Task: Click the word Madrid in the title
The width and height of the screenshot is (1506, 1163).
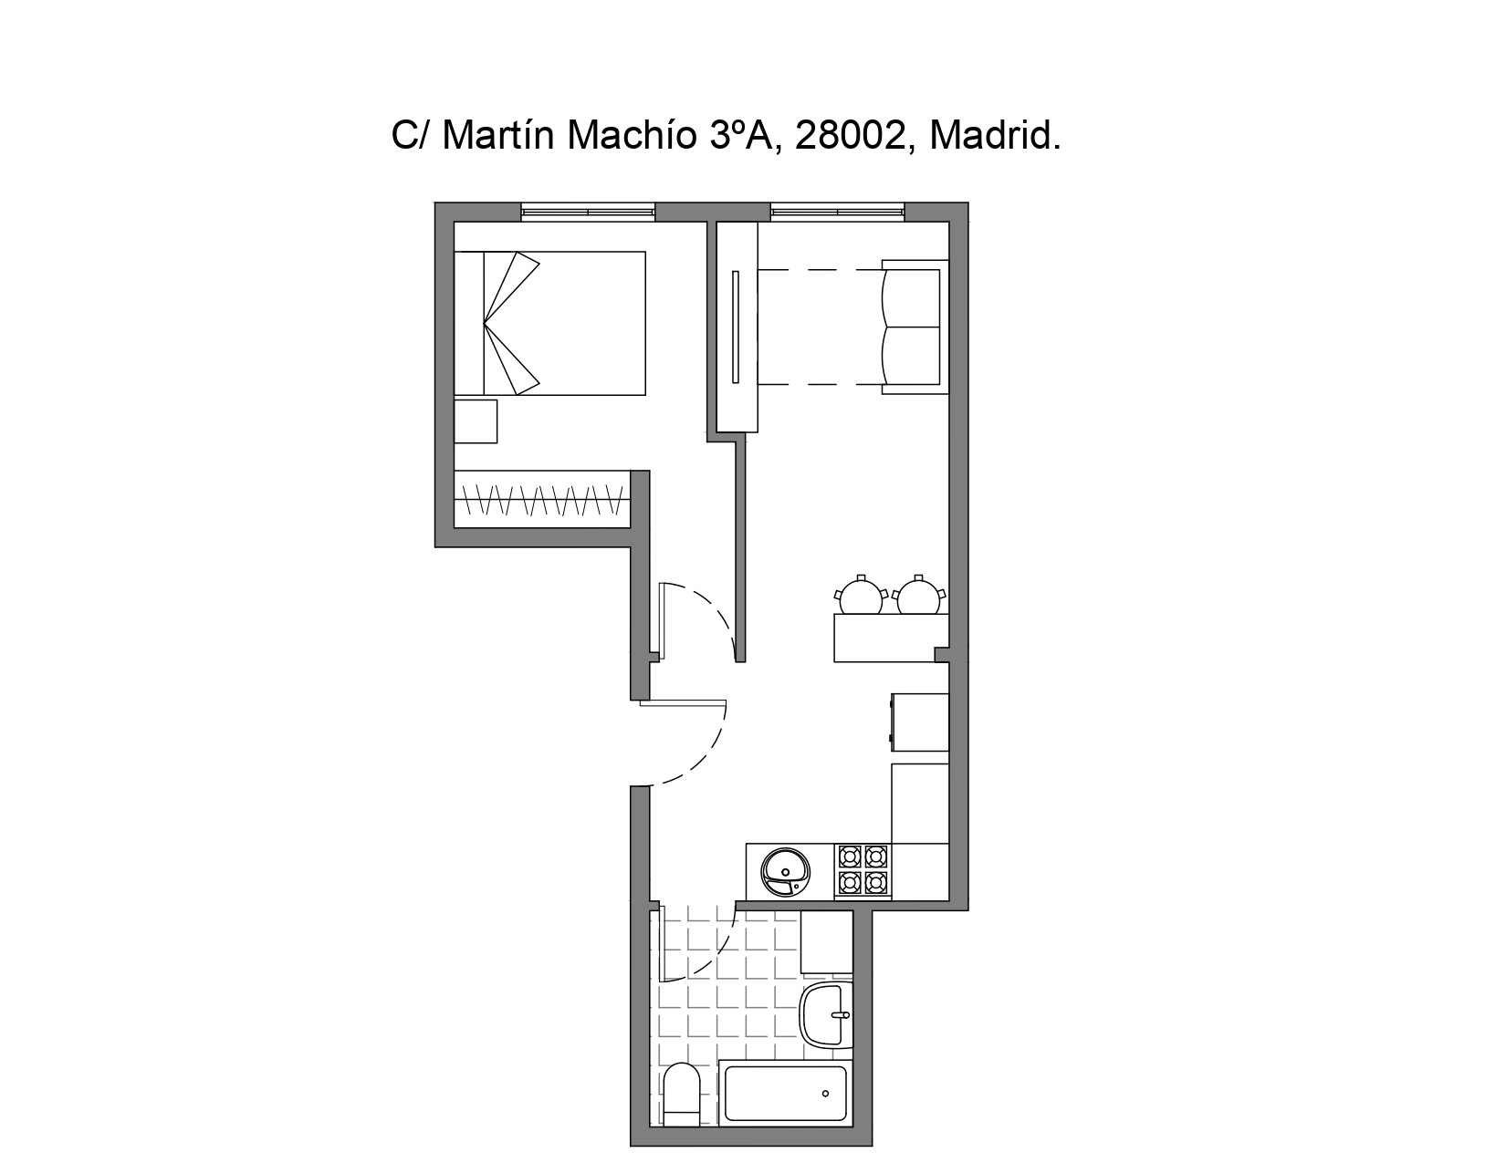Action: click(995, 136)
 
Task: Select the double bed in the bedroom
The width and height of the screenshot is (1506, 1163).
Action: click(549, 324)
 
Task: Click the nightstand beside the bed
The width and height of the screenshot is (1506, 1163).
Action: click(476, 421)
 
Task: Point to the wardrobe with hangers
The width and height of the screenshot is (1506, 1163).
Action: click(542, 499)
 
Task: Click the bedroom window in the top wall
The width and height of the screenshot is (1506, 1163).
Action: click(588, 212)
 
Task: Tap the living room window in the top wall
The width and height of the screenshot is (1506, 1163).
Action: click(837, 212)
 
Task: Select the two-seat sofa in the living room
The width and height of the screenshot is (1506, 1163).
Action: click(915, 327)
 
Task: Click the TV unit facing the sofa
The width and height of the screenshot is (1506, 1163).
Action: click(737, 327)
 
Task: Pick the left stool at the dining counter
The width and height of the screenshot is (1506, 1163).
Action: click(861, 595)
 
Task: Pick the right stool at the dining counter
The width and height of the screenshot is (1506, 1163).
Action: click(918, 595)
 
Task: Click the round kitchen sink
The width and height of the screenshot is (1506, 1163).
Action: click(785, 872)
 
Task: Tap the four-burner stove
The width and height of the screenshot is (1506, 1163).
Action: click(863, 871)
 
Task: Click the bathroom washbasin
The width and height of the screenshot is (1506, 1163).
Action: click(825, 1014)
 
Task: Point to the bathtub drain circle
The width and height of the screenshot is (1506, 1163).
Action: click(825, 1095)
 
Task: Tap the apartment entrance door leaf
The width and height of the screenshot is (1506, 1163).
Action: click(683, 703)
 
